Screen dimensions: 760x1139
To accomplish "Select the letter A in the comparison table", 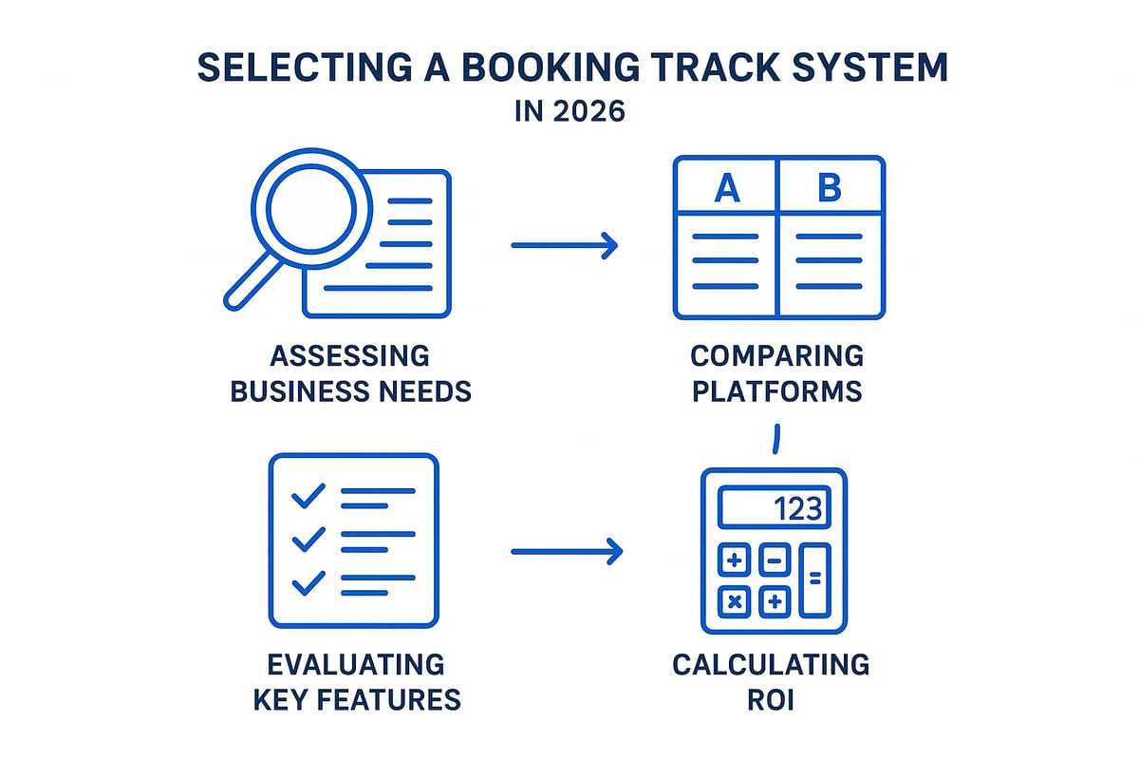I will point(726,188).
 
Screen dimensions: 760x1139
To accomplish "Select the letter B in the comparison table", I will point(830,188).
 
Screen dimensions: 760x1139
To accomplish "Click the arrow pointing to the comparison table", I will point(565,246).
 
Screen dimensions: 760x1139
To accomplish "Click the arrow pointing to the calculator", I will point(567,550).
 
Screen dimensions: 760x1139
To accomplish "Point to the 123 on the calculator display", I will point(797,508).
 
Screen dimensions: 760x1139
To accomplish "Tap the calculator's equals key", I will point(814,579).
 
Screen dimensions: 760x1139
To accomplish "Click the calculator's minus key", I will point(775,560).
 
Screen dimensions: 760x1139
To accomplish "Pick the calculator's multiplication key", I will point(735,600).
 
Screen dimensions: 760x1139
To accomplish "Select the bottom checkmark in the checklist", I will point(308,582).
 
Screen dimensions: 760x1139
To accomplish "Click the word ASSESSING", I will point(349,356).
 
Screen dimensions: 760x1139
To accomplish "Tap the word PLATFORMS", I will point(776,389).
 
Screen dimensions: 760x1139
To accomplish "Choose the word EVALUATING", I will point(356,663).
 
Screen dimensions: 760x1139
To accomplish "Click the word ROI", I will point(771,699).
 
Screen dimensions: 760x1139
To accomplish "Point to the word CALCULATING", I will point(771,663).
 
